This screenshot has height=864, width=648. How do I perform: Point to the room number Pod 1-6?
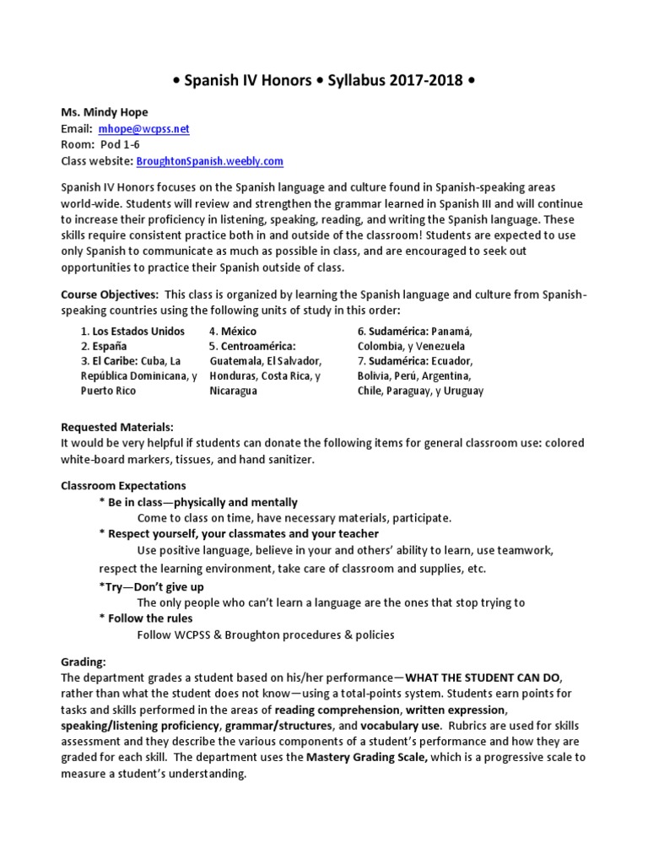point(121,145)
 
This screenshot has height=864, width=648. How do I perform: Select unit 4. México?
point(233,332)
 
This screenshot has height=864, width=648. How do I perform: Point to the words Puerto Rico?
point(107,391)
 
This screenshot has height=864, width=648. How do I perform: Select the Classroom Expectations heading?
point(123,486)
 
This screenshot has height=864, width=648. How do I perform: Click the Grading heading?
point(84,662)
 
